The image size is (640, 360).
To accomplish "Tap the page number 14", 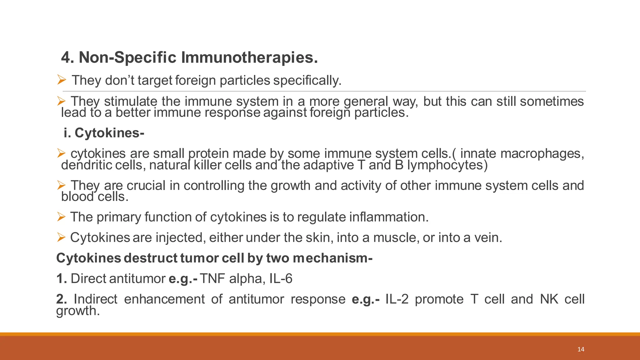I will click(581, 349).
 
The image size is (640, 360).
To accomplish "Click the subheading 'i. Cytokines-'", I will click(104, 133).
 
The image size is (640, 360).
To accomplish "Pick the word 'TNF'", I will click(212, 278).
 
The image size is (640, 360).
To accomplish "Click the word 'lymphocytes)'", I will click(447, 165).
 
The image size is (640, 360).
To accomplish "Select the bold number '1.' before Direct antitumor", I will click(62, 278).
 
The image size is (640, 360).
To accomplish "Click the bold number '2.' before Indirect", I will click(62, 299).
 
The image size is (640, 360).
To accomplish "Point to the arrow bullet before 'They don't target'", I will click(61, 80).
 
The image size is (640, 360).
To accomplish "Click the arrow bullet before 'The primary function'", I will click(61, 217).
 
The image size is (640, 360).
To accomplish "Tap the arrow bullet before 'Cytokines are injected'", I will click(61, 237).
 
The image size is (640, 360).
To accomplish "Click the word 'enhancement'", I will click(164, 299).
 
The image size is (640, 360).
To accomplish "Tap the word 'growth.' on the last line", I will click(78, 311).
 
